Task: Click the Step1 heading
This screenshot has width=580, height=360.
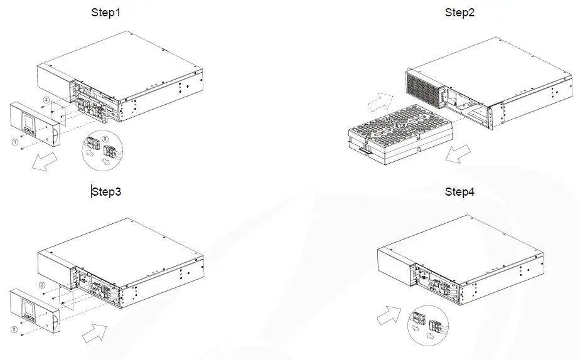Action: pos(106,13)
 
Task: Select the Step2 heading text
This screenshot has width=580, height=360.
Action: pos(460,13)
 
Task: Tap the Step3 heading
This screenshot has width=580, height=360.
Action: pos(107,192)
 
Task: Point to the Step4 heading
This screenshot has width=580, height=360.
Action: pos(460,192)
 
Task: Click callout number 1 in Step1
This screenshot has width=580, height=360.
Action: pos(14,142)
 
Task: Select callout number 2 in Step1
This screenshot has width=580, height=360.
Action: pos(45,100)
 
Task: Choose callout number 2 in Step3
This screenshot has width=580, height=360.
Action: pos(41,285)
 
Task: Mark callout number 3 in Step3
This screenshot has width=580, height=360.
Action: pos(14,328)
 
